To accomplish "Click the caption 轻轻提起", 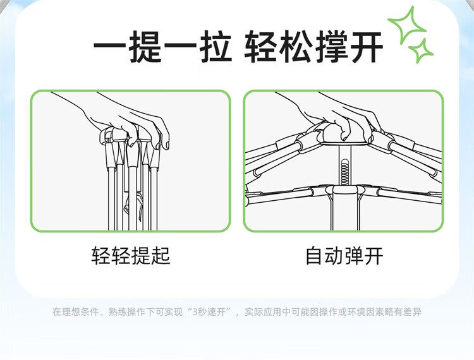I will pyautogui.click(x=131, y=256).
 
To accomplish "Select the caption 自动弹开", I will pyautogui.click(x=344, y=256).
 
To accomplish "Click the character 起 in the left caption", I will pyautogui.click(x=161, y=256).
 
